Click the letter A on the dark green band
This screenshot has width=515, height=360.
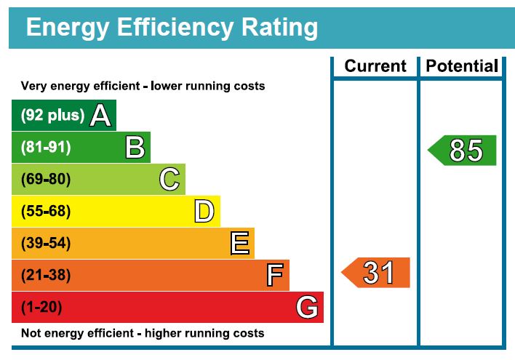click(x=100, y=116)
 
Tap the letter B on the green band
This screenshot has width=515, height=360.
click(x=135, y=148)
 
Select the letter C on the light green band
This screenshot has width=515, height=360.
click(x=169, y=179)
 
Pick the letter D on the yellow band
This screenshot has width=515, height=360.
click(x=204, y=212)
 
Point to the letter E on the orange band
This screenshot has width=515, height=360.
click(x=239, y=244)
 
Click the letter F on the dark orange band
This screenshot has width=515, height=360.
click(x=274, y=276)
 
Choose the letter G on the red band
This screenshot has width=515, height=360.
click(x=307, y=308)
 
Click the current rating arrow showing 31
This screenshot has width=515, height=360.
click(x=376, y=273)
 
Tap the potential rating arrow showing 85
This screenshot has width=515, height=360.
click(x=463, y=151)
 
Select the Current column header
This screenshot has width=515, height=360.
click(x=375, y=66)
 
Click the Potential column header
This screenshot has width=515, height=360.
click(x=462, y=66)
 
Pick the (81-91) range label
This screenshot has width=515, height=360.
click(x=46, y=148)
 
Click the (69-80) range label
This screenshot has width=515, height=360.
click(x=46, y=179)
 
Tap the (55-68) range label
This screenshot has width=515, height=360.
click(x=46, y=212)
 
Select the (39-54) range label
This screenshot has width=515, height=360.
click(x=46, y=244)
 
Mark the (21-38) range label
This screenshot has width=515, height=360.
click(x=46, y=276)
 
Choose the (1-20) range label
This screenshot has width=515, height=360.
click(x=41, y=308)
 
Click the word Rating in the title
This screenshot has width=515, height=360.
click(x=274, y=27)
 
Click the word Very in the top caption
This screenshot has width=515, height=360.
click(x=33, y=86)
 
